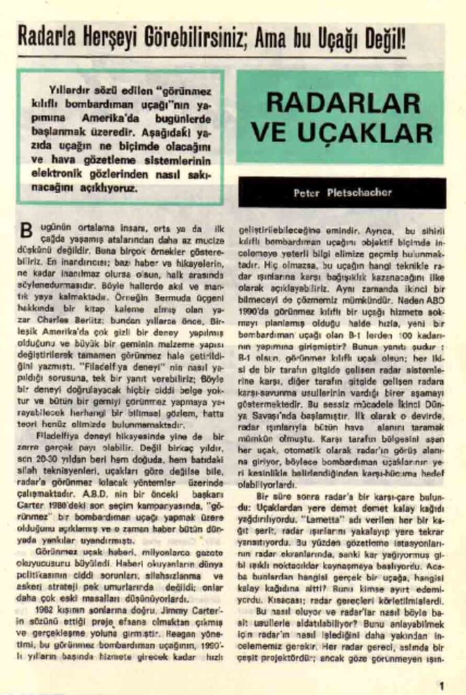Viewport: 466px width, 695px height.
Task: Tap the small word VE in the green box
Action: click(x=271, y=132)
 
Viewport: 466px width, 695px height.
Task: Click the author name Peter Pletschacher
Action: click(x=342, y=193)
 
